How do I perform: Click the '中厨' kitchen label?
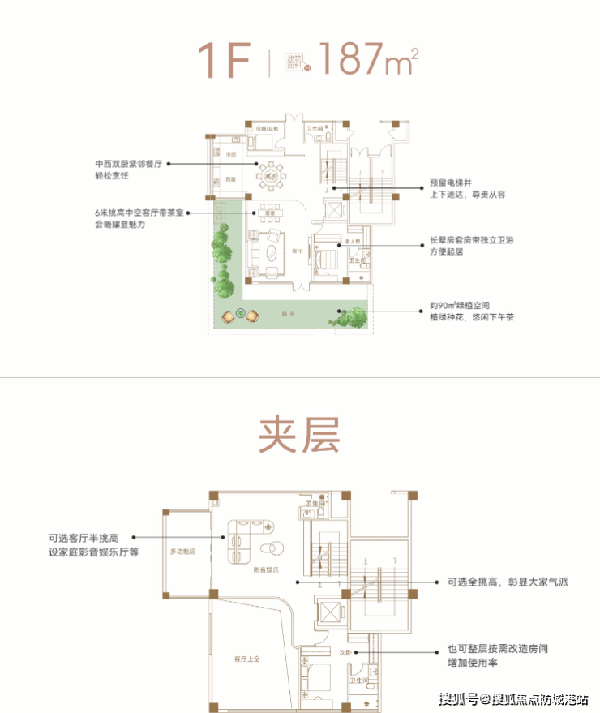click(x=231, y=153)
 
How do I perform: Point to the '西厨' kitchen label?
click(x=230, y=178)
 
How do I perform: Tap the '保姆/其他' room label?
click(x=268, y=129)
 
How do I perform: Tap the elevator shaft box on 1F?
click(x=332, y=206)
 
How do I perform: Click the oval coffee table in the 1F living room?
click(x=272, y=251)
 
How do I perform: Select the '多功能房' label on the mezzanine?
click(x=183, y=551)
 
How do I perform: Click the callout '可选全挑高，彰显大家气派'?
click(x=513, y=582)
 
